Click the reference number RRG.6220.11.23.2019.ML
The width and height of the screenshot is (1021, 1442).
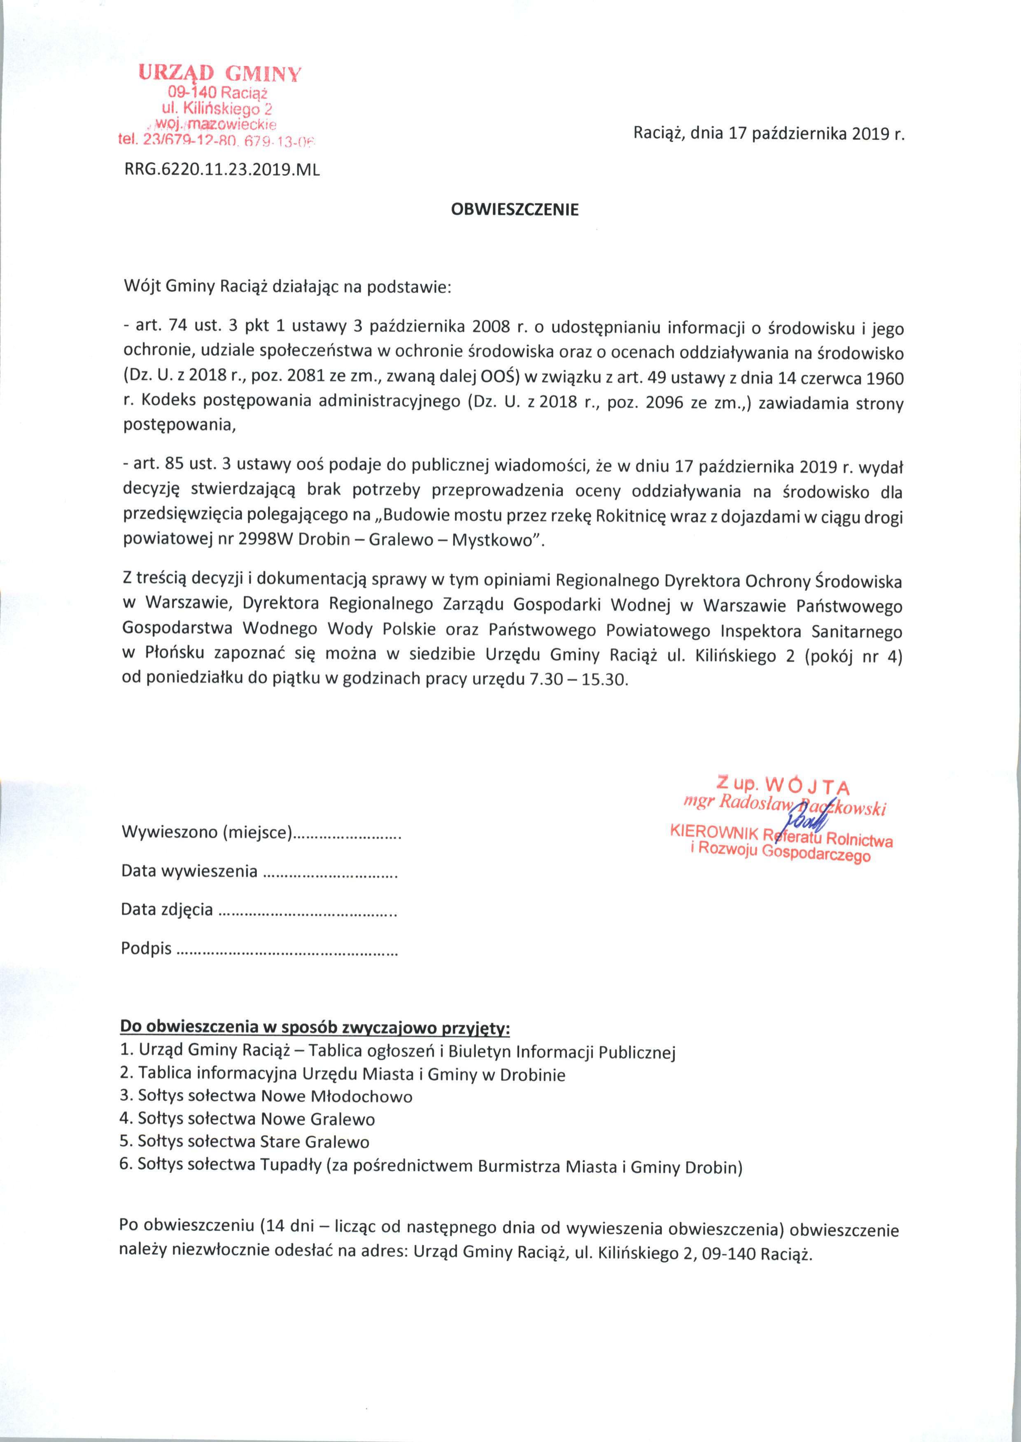point(221,170)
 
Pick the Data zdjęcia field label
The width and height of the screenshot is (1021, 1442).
point(167,909)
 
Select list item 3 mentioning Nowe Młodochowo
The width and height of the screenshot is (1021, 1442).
point(266,1096)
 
